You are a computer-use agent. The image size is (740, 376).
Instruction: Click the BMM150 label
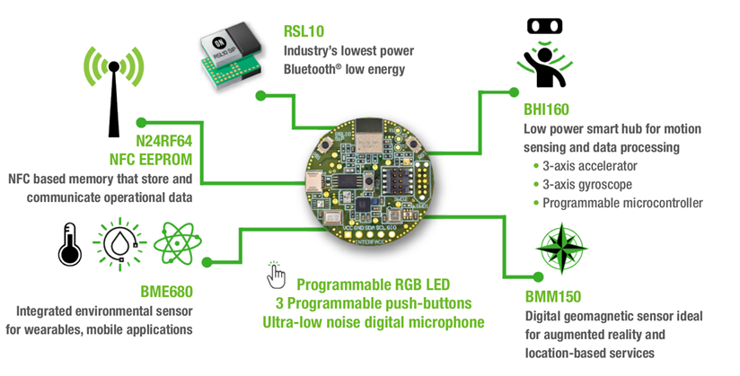click(552, 297)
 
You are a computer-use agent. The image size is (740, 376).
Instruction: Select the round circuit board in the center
click(368, 176)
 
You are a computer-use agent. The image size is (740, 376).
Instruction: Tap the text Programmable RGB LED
click(374, 283)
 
